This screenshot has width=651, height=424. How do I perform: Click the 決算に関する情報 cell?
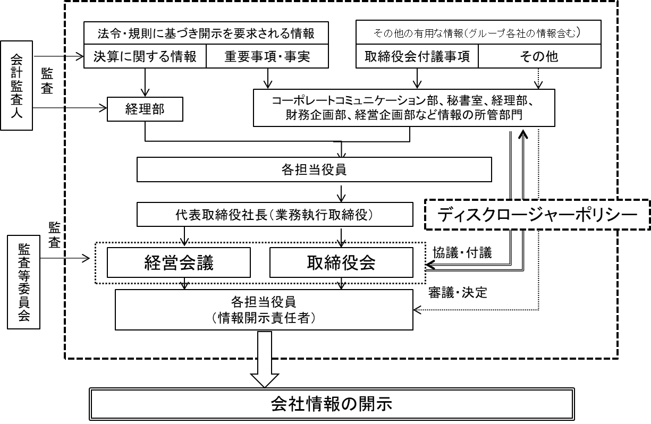(x=145, y=57)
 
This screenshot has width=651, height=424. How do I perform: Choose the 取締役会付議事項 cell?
(x=417, y=57)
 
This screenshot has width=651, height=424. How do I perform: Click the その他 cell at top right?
(x=538, y=57)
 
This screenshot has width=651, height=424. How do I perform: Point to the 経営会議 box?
(x=179, y=262)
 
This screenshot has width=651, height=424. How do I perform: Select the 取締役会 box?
(x=341, y=262)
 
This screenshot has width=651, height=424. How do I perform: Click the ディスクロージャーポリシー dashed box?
(x=538, y=215)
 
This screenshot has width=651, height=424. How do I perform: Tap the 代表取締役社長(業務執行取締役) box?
(x=274, y=215)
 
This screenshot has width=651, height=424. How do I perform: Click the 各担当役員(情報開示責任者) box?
(x=264, y=309)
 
